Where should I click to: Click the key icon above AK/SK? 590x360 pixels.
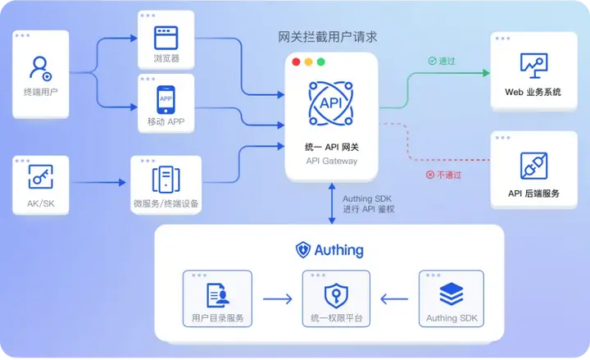point(40,176)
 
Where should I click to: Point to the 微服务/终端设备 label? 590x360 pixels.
point(166,203)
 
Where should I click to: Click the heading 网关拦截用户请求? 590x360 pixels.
point(329,38)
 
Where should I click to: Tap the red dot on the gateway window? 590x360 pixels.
point(295,62)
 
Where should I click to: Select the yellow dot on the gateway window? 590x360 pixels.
point(308,62)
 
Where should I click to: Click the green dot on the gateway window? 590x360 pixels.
point(321,62)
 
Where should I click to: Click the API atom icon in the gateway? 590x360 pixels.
point(330,103)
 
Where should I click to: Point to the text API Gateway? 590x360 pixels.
point(330,161)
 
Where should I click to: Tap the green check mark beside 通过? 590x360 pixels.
point(432,61)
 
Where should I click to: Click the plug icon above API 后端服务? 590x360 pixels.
point(533,166)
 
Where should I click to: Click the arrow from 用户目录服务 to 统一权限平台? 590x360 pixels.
point(277,298)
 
